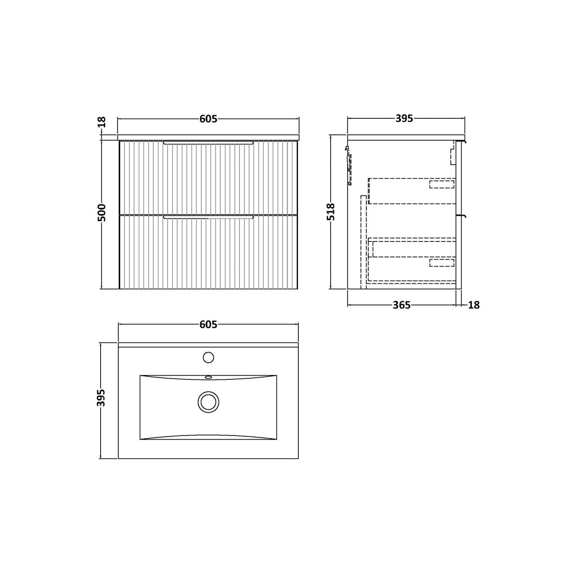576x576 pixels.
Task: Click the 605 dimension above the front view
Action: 208,119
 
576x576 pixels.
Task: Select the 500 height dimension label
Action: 101,212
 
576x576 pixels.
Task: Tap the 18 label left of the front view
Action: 101,122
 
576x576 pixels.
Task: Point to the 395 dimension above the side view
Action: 404,119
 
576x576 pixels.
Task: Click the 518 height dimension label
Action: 331,212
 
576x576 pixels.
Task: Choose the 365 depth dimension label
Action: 402,305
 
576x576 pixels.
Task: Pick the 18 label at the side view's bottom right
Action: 474,305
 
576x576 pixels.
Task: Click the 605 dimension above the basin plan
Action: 208,325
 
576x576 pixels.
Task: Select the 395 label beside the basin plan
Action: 101,398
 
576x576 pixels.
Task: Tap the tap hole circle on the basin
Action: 208,358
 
